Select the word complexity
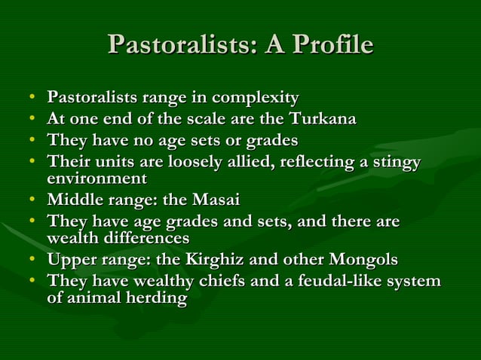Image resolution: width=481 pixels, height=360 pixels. click(258, 99)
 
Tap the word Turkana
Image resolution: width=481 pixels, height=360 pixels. click(324, 120)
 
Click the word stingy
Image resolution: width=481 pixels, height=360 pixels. click(394, 163)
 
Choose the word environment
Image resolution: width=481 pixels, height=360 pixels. click(97, 178)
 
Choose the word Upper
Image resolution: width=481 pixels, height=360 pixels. click(70, 260)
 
